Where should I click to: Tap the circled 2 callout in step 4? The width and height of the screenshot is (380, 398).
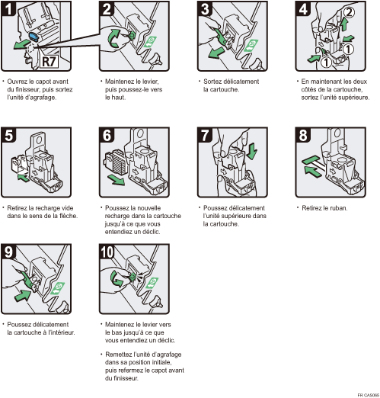coord(349,12)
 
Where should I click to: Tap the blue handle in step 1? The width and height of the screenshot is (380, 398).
coord(34,35)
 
